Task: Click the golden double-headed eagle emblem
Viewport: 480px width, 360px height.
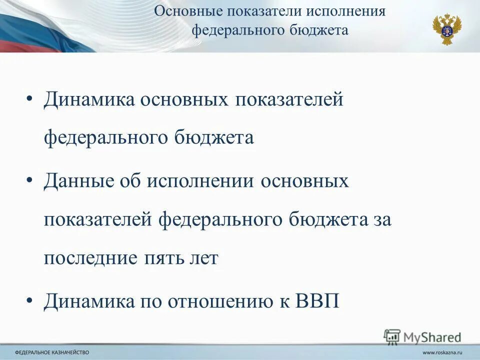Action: click(447, 29)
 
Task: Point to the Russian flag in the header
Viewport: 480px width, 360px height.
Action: click(35, 30)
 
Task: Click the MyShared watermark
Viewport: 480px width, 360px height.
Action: click(422, 337)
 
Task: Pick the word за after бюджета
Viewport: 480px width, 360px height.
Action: click(379, 220)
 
